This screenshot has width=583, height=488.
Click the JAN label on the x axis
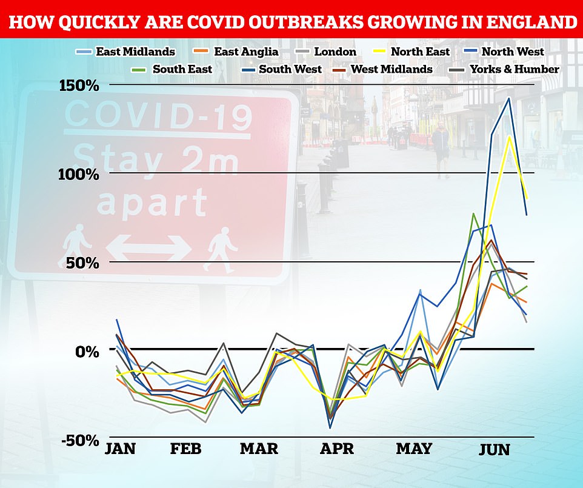[x=120, y=449]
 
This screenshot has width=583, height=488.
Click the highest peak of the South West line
[x=508, y=98]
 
